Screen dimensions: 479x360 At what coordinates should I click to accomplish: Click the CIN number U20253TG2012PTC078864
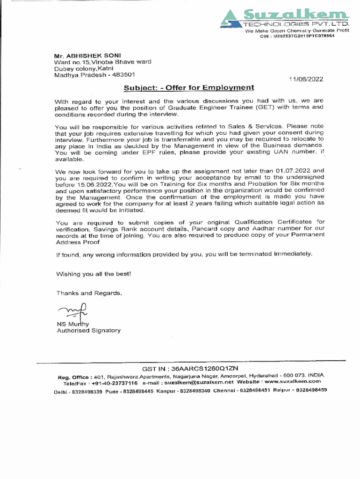(304, 36)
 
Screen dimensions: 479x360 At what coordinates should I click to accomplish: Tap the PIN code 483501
(123, 74)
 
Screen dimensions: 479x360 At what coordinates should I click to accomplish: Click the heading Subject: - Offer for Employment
(189, 87)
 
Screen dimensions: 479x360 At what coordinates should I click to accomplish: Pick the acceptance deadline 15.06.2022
(91, 184)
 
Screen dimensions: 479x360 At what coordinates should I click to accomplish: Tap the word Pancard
(202, 229)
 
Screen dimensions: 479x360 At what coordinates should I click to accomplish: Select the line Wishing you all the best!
(94, 274)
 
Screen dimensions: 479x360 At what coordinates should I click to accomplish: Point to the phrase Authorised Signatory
(88, 330)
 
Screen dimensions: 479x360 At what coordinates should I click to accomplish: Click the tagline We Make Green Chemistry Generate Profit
(297, 31)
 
